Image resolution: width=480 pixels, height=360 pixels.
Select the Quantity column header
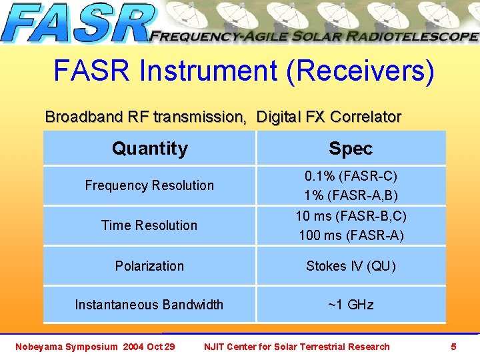click(x=150, y=148)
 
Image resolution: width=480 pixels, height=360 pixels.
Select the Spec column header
click(x=351, y=148)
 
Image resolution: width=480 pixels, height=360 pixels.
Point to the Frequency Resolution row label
click(x=149, y=185)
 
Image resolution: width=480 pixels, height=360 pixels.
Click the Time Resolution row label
click(x=149, y=225)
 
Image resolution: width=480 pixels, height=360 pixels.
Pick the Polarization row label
click(x=149, y=266)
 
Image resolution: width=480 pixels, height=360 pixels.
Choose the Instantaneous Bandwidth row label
click(x=149, y=305)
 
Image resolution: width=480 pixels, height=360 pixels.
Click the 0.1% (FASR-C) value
click(x=351, y=177)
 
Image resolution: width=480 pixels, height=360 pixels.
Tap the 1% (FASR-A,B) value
click(x=351, y=196)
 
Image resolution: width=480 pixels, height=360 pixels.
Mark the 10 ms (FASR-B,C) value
click(x=351, y=216)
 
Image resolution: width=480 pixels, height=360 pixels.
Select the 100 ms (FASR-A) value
click(x=351, y=235)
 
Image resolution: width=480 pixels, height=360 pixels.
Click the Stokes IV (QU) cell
click(x=351, y=266)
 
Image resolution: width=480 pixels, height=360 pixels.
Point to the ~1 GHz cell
click(x=351, y=305)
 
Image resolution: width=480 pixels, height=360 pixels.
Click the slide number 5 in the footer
click(x=453, y=347)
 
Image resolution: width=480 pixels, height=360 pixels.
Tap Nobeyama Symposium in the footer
click(x=66, y=347)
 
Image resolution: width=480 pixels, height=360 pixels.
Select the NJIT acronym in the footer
click(x=215, y=347)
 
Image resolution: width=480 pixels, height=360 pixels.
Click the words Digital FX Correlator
click(x=329, y=117)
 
